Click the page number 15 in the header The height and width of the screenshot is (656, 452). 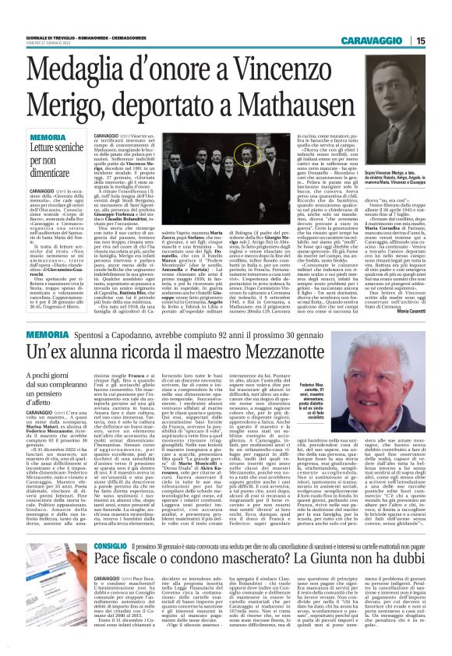tap(442, 40)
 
